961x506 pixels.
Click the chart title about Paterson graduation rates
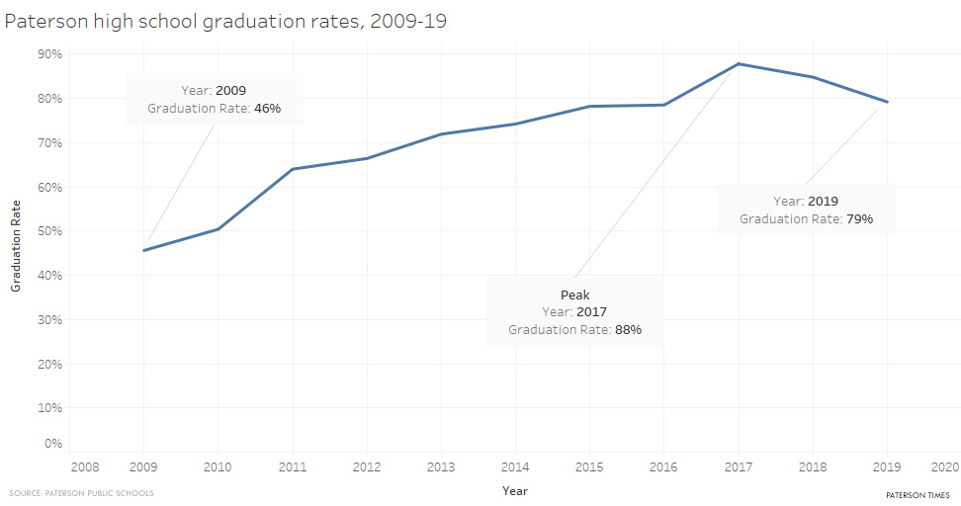click(225, 21)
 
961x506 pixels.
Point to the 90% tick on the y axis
click(50, 53)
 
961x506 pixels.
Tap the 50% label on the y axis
click(50, 231)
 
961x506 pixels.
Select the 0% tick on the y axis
click(53, 444)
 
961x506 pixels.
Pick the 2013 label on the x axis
click(441, 465)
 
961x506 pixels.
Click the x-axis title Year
click(514, 490)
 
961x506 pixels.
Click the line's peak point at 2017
click(739, 64)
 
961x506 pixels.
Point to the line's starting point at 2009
click(144, 250)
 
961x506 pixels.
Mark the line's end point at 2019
click(887, 102)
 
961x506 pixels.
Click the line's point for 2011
click(293, 169)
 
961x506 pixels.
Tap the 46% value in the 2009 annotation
click(267, 108)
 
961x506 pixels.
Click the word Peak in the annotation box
click(574, 295)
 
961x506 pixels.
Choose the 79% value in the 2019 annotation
click(858, 218)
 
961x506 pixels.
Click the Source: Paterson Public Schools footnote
click(81, 493)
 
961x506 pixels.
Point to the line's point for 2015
click(590, 106)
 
